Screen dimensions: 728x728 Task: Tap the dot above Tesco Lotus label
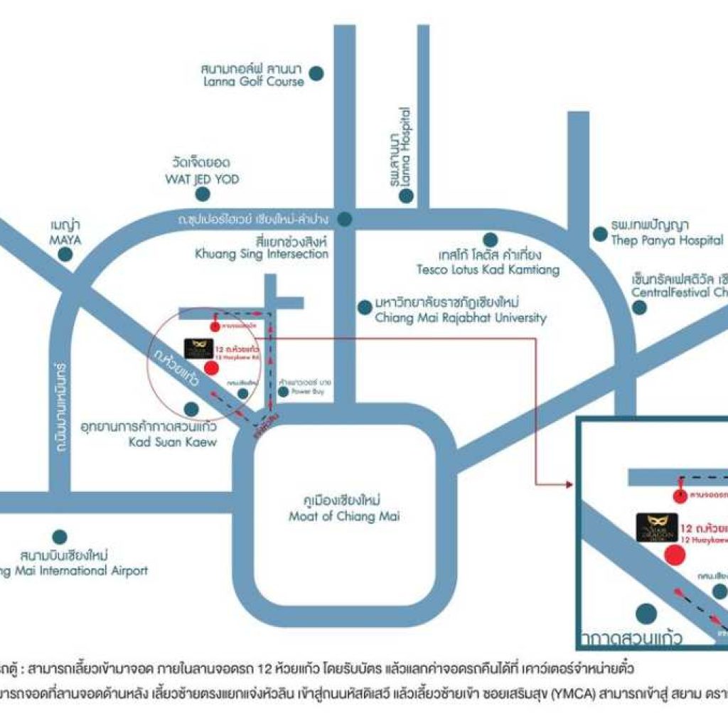[x=490, y=240]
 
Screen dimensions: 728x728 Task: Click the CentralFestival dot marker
[x=640, y=307]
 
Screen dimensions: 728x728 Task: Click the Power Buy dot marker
[x=284, y=392]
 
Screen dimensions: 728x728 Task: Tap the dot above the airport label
[x=60, y=537]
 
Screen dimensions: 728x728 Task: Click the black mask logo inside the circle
[x=194, y=348]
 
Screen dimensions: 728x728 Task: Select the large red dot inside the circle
[x=211, y=368]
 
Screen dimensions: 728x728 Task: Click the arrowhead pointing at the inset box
[x=568, y=484]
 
